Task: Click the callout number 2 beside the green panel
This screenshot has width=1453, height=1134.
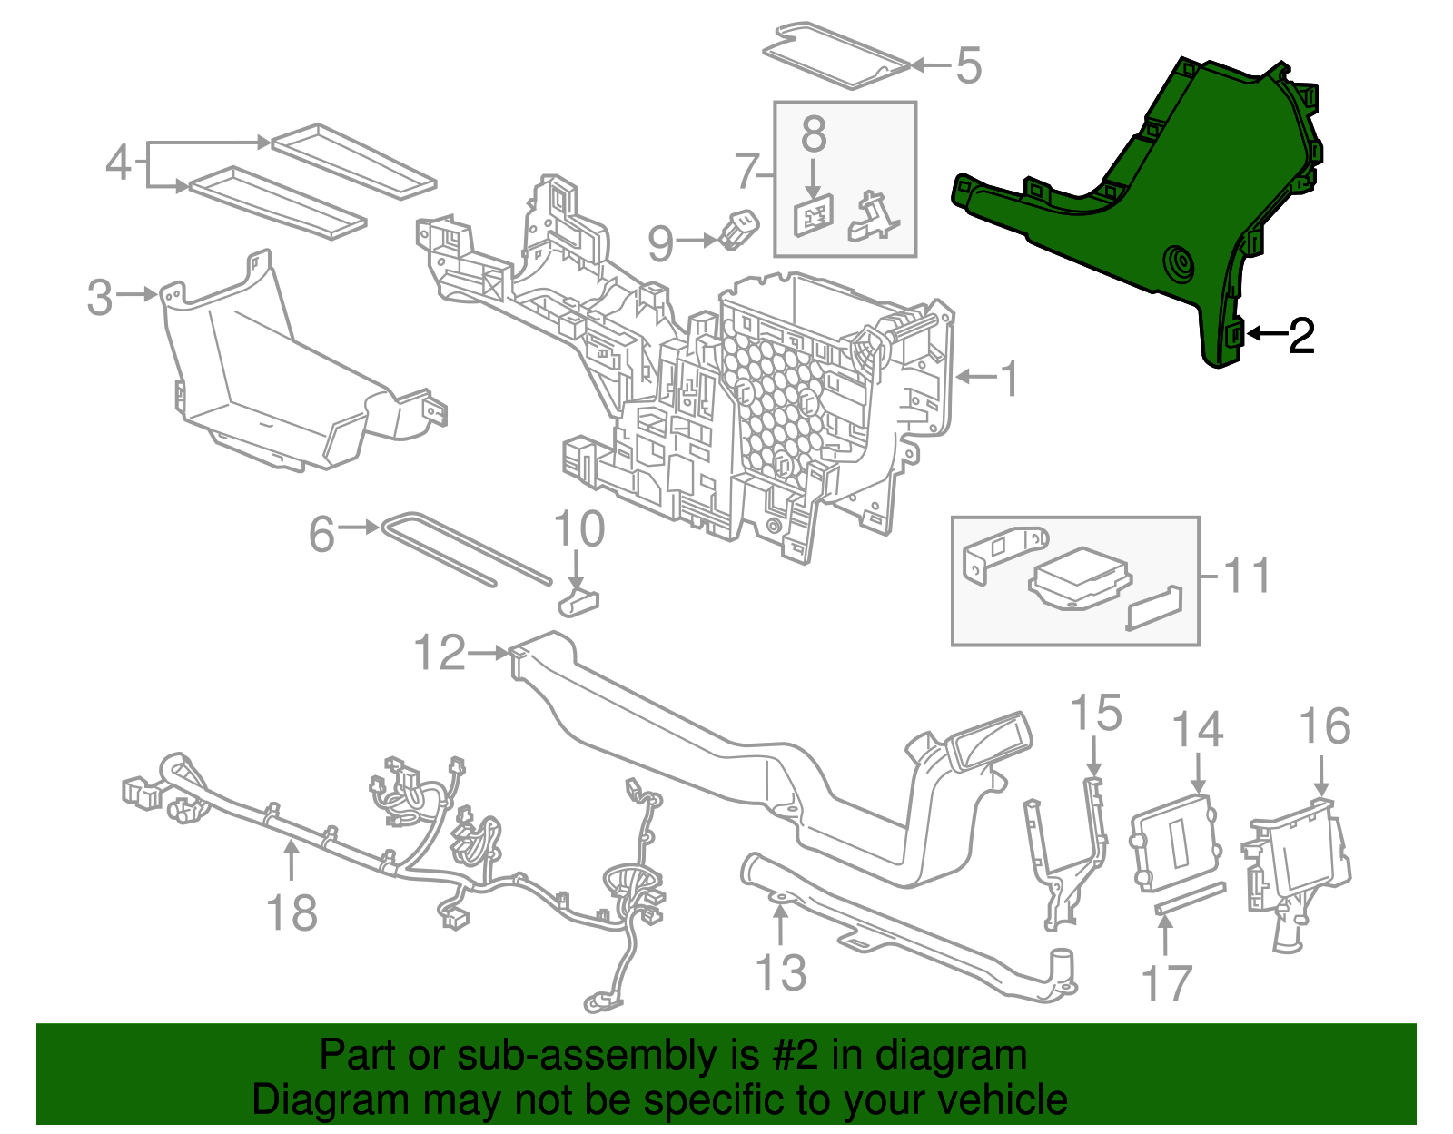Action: coord(1301,337)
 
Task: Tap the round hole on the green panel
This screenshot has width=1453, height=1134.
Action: coord(1181,264)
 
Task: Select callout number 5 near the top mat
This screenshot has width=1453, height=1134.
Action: coord(969,66)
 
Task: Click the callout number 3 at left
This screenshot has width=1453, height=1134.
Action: coord(100,297)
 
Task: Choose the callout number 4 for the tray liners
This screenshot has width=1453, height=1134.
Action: coord(118,163)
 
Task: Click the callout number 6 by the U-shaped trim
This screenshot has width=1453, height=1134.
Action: coord(321,534)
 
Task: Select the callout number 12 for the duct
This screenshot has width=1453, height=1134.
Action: coord(440,653)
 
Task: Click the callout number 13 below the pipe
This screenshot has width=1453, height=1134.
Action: coord(780,972)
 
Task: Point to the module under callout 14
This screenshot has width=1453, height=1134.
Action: coord(1176,840)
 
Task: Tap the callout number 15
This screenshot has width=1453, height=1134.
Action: coord(1095,714)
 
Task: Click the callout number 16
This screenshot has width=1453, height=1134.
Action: coord(1324,727)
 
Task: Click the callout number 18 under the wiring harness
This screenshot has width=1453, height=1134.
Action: coord(292,912)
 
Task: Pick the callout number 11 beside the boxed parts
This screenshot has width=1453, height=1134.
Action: coord(1247,576)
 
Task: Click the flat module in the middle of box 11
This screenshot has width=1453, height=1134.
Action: coord(1079,578)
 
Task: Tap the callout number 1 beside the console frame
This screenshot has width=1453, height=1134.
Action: coord(1009,379)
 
